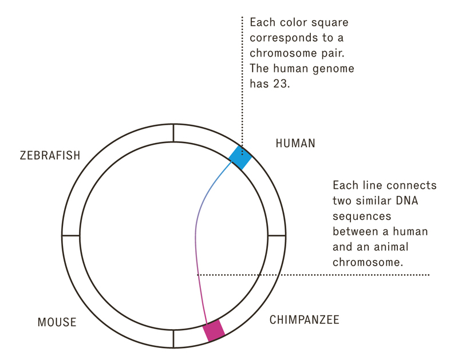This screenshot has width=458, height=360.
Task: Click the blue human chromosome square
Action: (240, 157)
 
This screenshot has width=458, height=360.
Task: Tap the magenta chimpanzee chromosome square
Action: (214, 330)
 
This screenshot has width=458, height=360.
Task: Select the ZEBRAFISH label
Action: (50, 155)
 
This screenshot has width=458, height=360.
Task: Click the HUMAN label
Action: (295, 143)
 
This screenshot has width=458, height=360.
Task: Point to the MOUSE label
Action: (57, 322)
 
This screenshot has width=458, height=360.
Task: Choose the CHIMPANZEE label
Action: (305, 320)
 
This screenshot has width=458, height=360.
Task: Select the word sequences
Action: (362, 216)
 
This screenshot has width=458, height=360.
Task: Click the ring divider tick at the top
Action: (173, 133)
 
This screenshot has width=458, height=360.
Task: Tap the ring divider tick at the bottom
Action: (173, 339)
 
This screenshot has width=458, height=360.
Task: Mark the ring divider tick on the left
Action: (70, 235)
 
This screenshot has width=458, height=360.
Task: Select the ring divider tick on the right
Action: (277, 235)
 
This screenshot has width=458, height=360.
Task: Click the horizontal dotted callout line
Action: (313, 275)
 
